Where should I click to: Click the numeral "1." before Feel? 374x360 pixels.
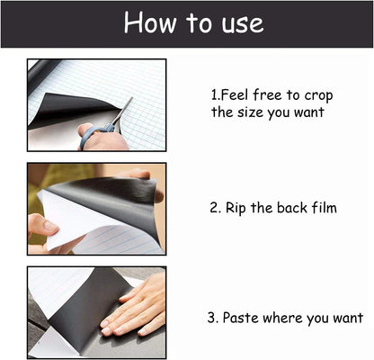pos(217,94)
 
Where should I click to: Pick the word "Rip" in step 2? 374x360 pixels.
pos(236,208)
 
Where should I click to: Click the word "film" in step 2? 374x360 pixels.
pos(320,208)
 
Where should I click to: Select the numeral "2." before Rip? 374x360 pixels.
pos(216,208)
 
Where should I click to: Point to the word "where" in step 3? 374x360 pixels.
pos(285,318)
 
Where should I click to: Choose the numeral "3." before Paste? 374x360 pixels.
pos(213,318)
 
